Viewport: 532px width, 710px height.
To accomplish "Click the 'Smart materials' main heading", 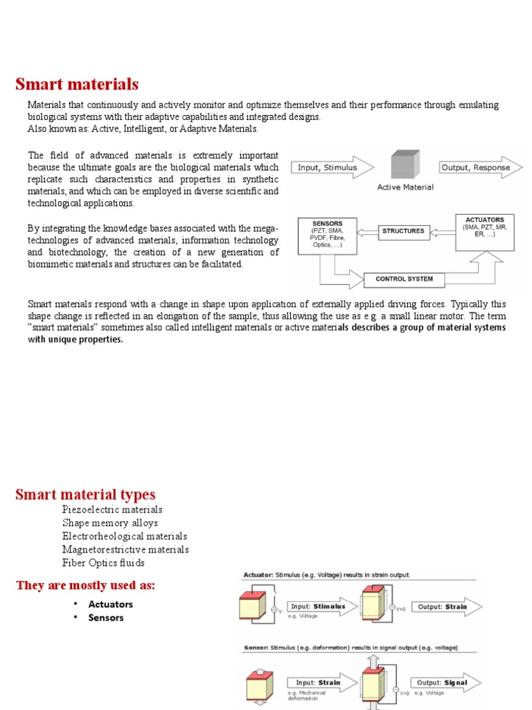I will point(77,85).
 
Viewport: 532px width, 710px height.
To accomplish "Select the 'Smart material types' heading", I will point(85,494).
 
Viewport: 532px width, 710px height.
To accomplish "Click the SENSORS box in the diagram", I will point(328,235).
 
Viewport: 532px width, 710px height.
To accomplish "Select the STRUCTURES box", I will point(403,231).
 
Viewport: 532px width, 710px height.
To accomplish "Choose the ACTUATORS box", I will point(484,232).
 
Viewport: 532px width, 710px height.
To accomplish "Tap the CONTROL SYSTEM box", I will point(404,279).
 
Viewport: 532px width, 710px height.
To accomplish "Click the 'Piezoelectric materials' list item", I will point(112,510).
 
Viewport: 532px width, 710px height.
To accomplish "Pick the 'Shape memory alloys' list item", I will point(109,523).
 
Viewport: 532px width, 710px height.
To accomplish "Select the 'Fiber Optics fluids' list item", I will point(103,562).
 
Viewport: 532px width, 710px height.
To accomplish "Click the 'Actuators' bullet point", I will point(110,604).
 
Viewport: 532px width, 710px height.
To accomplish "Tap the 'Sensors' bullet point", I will point(105,618).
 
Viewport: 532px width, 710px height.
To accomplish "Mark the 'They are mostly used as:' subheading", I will point(85,586).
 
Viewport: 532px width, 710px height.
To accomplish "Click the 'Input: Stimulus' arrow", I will point(319,607).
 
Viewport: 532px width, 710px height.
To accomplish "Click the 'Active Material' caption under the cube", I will point(405,187).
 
